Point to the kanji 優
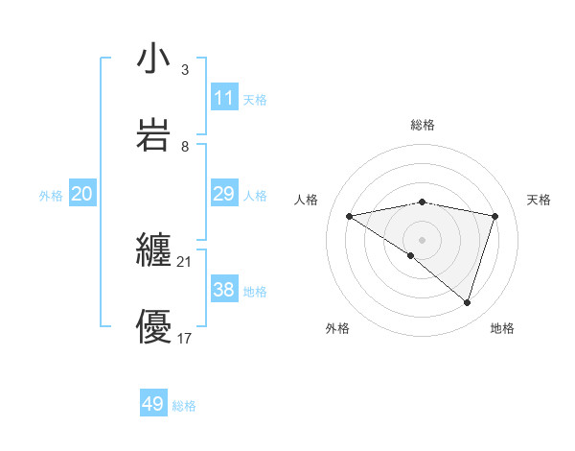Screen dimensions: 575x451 [x=153, y=326]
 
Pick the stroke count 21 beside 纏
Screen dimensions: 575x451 [x=184, y=261]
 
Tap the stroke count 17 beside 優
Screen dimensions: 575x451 [x=184, y=338]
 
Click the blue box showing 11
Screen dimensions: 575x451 [x=223, y=98]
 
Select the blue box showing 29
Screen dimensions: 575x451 [x=223, y=194]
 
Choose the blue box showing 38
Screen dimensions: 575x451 [x=223, y=290]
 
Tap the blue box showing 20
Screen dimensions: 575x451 [x=81, y=194]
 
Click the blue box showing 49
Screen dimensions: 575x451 [x=153, y=404]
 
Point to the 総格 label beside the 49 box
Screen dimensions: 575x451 [x=184, y=406]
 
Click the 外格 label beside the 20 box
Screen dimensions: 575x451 [x=51, y=196]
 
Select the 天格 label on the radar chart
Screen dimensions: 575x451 [x=539, y=200]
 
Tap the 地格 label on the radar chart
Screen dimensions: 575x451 [x=502, y=328]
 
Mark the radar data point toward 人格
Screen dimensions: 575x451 [x=350, y=216]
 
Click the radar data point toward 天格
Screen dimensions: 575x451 [x=494, y=216]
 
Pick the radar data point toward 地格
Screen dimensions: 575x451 [x=467, y=302]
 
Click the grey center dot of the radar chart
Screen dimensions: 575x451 [x=422, y=239]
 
